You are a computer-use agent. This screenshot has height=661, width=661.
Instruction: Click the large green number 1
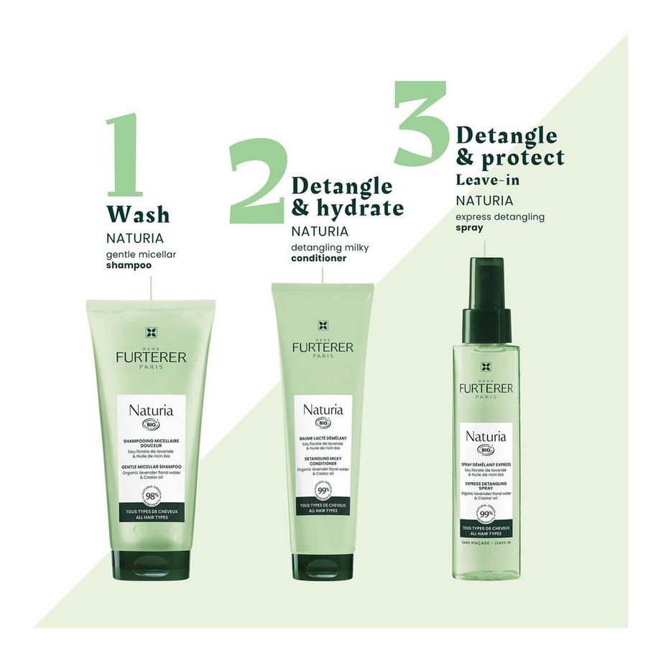(124, 154)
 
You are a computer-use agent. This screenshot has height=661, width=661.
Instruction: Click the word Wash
(137, 214)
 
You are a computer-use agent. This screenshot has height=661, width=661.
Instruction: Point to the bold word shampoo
(129, 265)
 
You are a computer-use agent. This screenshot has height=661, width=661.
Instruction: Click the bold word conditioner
(323, 258)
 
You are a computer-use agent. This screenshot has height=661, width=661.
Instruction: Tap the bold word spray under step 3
(469, 228)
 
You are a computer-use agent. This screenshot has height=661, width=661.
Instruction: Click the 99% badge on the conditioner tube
(323, 494)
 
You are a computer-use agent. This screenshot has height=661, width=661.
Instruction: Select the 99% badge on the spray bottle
(486, 515)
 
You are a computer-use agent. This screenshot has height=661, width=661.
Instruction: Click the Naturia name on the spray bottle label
(486, 436)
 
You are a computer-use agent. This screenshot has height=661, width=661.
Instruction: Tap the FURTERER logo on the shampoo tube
(151, 357)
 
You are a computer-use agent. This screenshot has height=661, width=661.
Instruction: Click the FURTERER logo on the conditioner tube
(323, 348)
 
